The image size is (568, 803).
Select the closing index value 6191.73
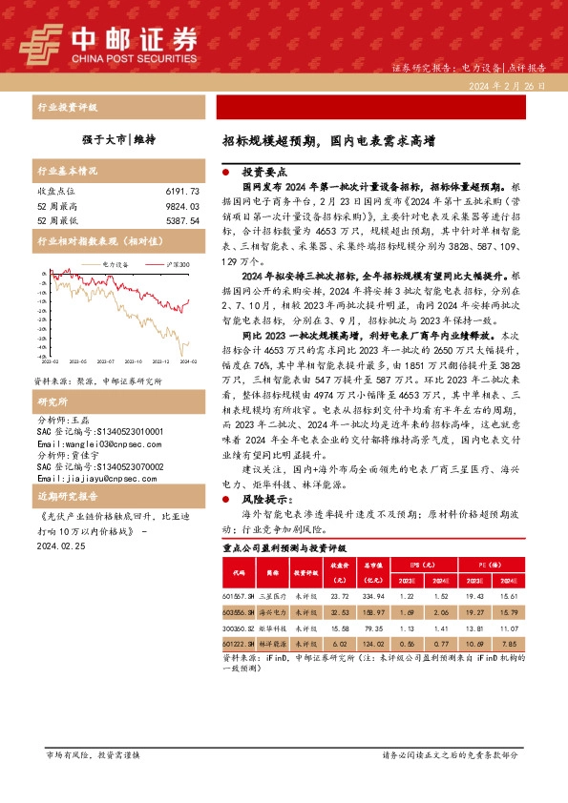coord(181,192)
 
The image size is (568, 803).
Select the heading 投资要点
coord(262,174)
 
